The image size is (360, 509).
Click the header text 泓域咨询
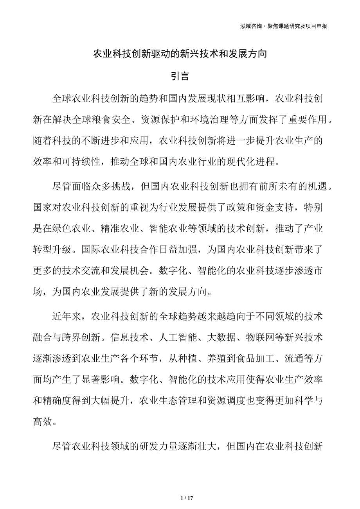[251, 26]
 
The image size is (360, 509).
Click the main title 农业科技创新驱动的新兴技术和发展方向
[180, 54]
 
